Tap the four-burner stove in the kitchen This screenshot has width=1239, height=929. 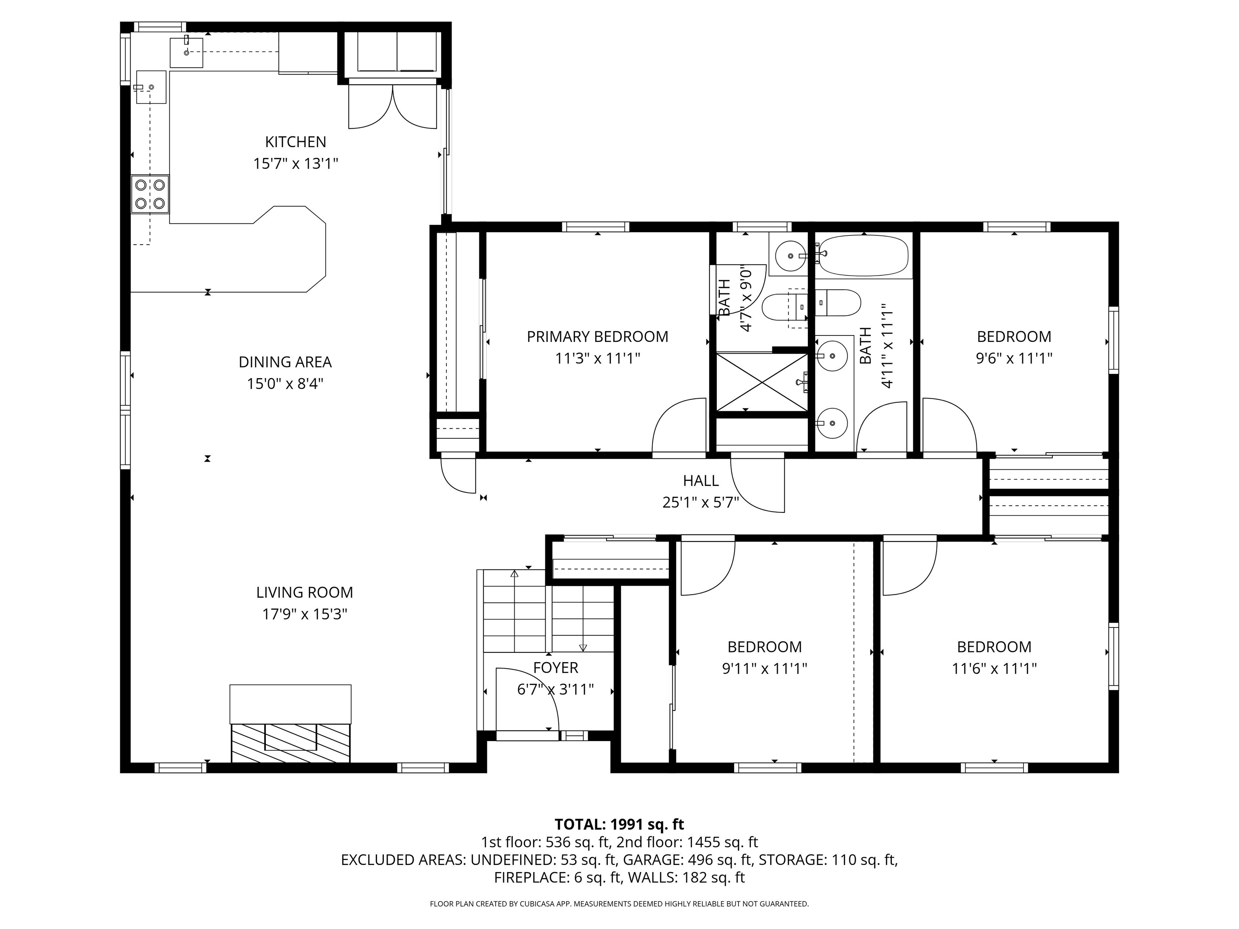pos(150,194)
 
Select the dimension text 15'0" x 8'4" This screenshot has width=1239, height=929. pos(285,383)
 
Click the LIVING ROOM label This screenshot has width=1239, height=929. pos(304,592)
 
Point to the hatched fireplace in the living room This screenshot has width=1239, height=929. pos(290,742)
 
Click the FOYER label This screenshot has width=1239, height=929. pos(555,667)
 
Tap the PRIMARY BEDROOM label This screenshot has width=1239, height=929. pos(597,337)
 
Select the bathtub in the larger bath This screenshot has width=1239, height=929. pos(863,255)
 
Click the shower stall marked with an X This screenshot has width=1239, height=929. pos(762,382)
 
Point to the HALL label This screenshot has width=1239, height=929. pos(700,481)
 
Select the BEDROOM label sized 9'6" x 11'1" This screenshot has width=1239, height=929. pos(1014,337)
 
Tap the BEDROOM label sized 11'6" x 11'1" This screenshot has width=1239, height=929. pos(994,647)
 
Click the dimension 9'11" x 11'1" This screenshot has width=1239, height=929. pos(764,669)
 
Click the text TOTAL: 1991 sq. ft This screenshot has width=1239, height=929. pos(619,824)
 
